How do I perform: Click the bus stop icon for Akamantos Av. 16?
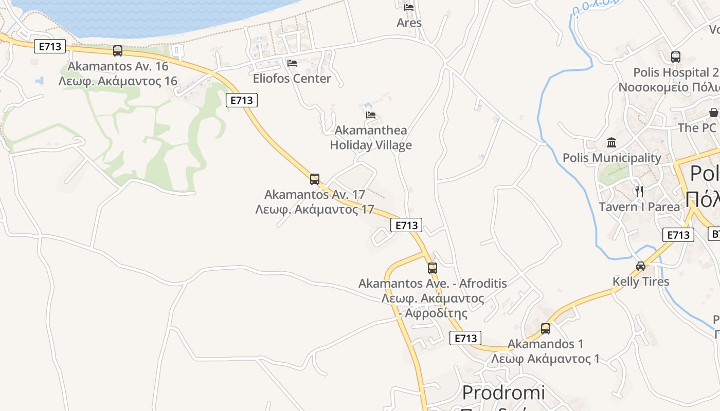pos(118,51)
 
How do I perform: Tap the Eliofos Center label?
pos(292,79)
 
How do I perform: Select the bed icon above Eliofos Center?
pos(292,63)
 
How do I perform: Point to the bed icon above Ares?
pos(409,7)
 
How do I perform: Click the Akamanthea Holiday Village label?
pos(371,138)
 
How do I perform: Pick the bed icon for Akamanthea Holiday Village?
pos(371,115)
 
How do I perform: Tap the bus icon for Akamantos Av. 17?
pos(315,179)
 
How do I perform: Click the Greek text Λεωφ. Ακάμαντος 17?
pos(314,210)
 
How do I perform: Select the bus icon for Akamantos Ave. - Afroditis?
pos(433,268)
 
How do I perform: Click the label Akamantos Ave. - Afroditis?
pos(433,283)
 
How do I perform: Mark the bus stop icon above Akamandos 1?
pos(546,328)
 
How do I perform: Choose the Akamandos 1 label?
pos(545,344)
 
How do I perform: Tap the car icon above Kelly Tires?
pos(641,266)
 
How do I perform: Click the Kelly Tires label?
pos(641,282)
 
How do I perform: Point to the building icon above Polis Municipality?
pos(611,142)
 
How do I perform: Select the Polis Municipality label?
pos(611,158)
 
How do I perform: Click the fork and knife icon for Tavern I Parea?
pos(639,192)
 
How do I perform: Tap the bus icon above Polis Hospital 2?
pos(676,57)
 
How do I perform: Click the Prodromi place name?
pos(503,393)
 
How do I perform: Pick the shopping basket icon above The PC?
pos(714,113)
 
